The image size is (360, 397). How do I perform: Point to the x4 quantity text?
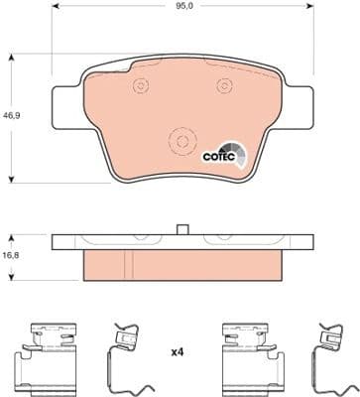point(180,352)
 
